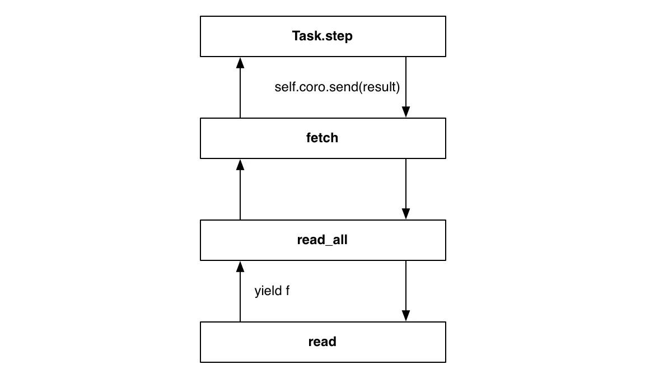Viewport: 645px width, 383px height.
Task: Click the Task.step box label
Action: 322,36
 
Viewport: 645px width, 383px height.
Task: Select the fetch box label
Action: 322,138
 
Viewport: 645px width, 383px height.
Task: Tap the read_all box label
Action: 322,240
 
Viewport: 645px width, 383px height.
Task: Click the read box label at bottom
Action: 322,342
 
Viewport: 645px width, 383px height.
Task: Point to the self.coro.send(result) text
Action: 337,87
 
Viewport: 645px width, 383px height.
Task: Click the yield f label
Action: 272,291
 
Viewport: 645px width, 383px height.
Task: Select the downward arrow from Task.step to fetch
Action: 405,84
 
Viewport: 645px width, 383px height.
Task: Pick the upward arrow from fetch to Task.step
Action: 240,90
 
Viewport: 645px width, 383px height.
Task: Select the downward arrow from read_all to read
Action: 405,288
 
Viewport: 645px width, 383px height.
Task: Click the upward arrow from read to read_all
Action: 240,293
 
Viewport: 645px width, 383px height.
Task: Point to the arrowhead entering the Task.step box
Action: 240,62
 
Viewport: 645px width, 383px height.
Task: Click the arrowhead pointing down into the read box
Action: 405,316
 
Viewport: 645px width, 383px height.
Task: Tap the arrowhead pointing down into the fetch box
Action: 405,112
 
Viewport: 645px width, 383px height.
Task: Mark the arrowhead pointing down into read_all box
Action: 405,214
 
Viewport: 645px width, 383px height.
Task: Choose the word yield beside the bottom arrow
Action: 267,291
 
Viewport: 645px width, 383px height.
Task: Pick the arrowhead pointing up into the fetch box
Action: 240,164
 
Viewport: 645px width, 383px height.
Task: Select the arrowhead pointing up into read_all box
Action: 240,266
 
